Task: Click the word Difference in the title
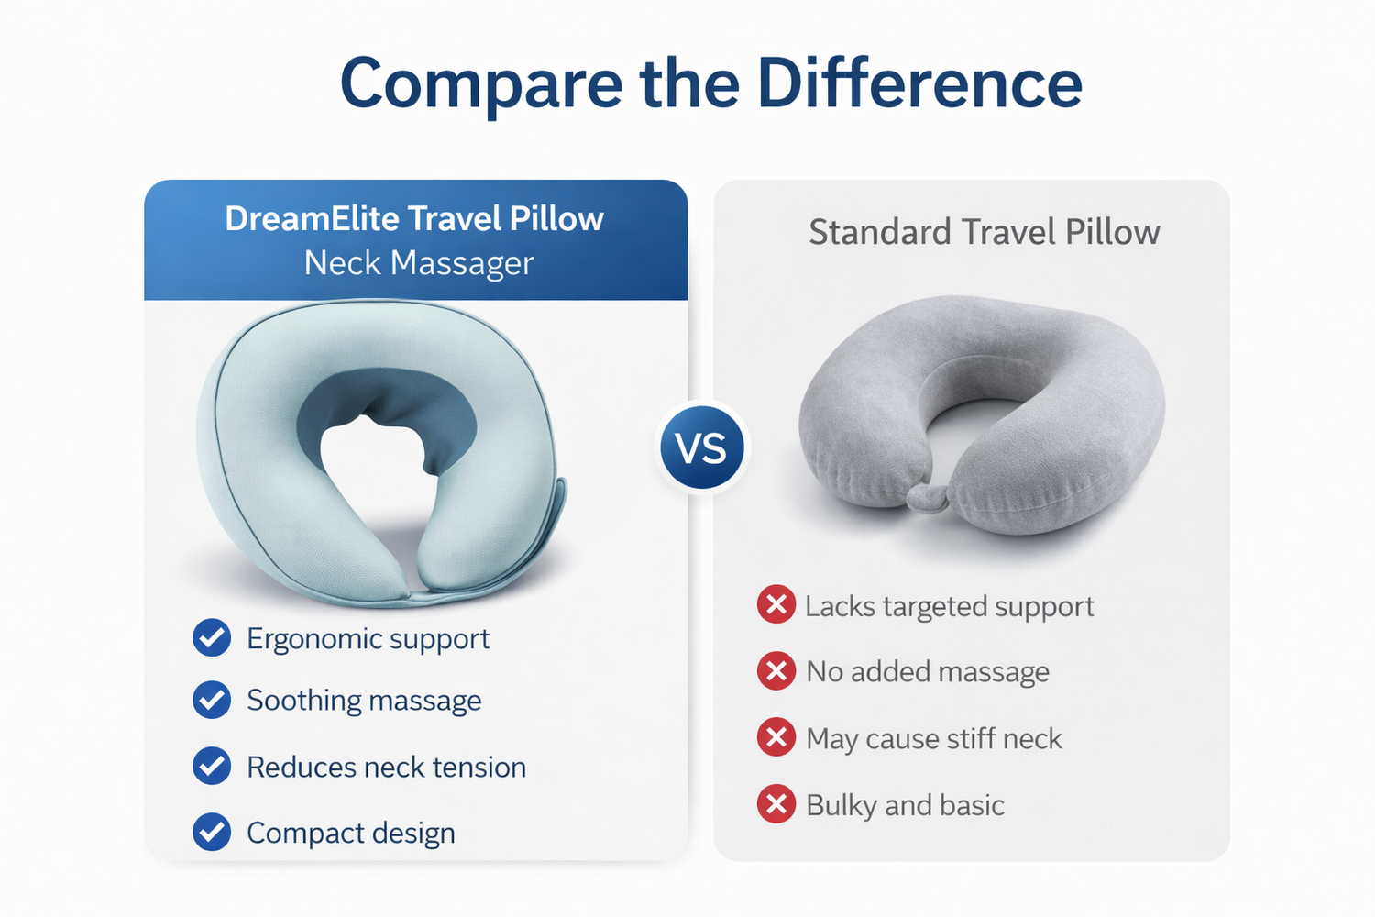(919, 83)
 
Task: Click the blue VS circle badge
(702, 447)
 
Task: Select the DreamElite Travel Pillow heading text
(414, 218)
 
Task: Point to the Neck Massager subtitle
(419, 263)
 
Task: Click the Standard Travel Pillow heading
(984, 232)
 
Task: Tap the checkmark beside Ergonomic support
(212, 637)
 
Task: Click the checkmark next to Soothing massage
(212, 700)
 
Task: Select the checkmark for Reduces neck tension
(212, 766)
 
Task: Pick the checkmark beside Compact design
(212, 833)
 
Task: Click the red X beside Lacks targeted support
(776, 604)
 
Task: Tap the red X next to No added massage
(776, 670)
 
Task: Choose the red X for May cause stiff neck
(776, 737)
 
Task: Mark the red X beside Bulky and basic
(776, 804)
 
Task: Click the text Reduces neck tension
(386, 768)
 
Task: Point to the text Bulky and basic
(905, 805)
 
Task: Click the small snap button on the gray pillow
(927, 498)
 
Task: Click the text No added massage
(928, 671)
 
